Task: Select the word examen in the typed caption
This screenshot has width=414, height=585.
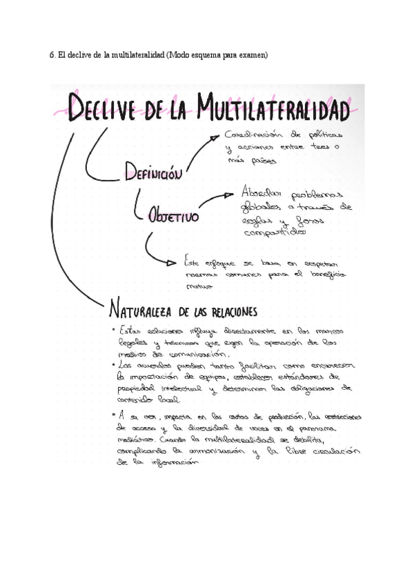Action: (250, 55)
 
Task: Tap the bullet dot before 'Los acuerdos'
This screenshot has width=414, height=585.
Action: (114, 364)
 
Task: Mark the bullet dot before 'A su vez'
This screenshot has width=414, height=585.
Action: (114, 415)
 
